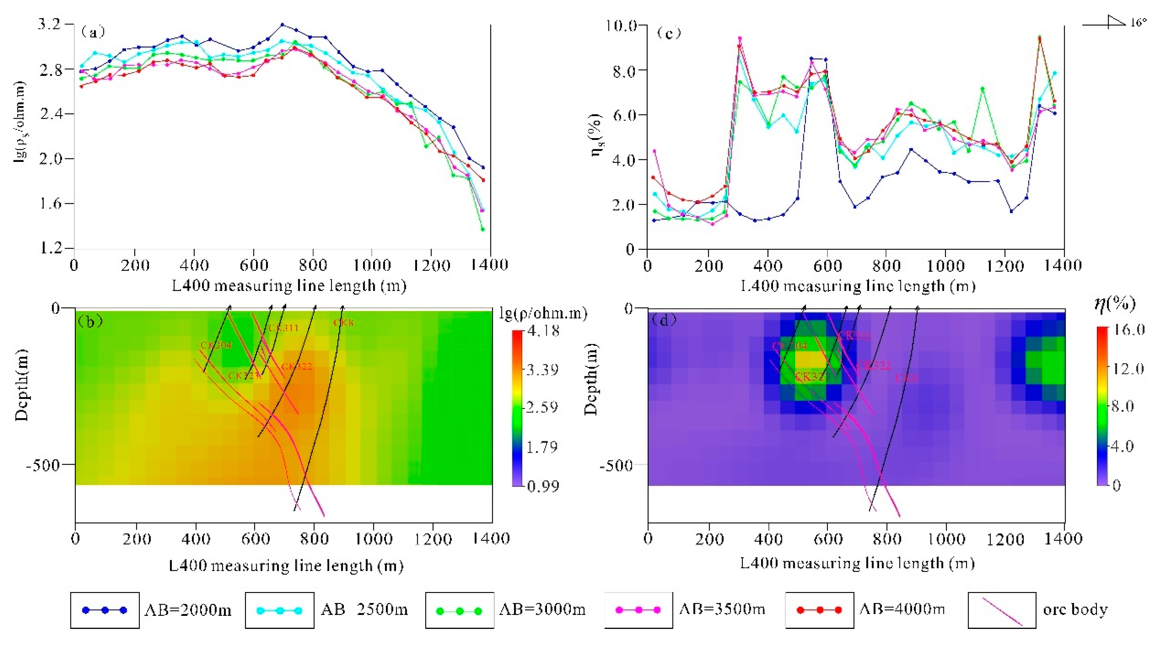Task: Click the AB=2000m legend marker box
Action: [x=105, y=610]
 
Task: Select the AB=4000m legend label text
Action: [x=902, y=609]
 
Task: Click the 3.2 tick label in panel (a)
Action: [x=49, y=24]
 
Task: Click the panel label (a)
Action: [x=93, y=32]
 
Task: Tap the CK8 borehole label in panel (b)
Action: [x=344, y=322]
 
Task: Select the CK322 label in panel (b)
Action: [x=297, y=366]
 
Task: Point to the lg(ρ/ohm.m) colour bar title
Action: [x=543, y=313]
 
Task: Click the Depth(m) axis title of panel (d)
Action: [x=592, y=379]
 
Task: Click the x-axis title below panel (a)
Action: [x=289, y=286]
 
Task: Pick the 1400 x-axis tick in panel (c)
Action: [x=1063, y=265]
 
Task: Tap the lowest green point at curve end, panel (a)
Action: [x=483, y=229]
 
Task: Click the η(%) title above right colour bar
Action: [x=1115, y=304]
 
